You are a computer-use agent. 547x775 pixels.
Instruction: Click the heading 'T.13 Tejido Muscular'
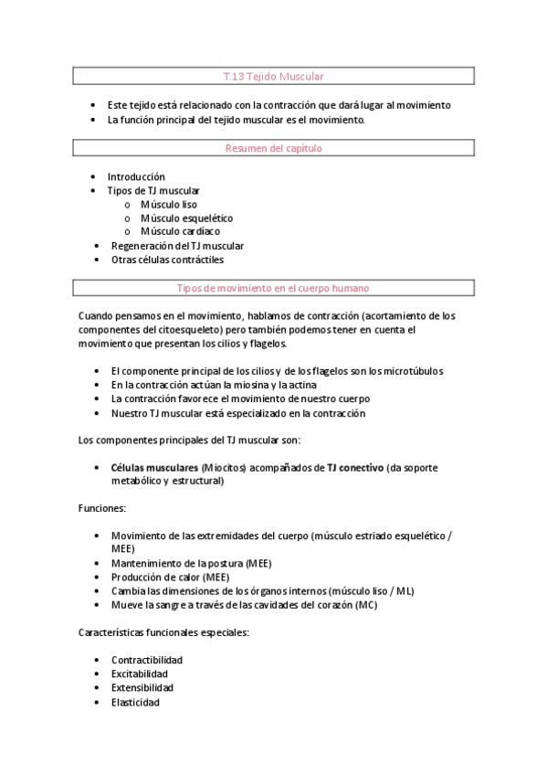(x=273, y=78)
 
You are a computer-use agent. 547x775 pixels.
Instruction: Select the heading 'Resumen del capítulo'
(x=273, y=147)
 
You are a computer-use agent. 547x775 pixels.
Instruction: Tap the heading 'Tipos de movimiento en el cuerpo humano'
(x=273, y=288)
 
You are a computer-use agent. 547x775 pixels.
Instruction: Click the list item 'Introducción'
(x=136, y=176)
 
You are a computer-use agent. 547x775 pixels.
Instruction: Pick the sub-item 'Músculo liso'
(x=168, y=205)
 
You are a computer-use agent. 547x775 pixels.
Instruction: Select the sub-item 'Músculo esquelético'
(x=186, y=218)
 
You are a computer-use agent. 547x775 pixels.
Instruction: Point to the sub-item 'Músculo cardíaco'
(x=180, y=231)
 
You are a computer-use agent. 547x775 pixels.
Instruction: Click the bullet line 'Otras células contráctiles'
(x=167, y=260)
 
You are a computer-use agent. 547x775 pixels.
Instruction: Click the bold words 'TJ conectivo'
(x=355, y=467)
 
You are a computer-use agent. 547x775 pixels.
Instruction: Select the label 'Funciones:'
(x=102, y=507)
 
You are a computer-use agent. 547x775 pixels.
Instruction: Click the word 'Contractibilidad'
(x=147, y=660)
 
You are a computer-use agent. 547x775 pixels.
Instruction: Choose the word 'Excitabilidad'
(x=141, y=674)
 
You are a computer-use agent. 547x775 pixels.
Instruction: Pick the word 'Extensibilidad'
(x=142, y=687)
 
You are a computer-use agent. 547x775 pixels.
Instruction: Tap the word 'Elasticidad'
(x=135, y=702)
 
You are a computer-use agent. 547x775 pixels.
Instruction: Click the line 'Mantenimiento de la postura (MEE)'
(x=191, y=563)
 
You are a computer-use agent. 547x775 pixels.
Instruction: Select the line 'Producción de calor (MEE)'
(x=171, y=577)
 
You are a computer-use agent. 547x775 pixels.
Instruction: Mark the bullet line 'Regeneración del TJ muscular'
(x=177, y=246)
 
